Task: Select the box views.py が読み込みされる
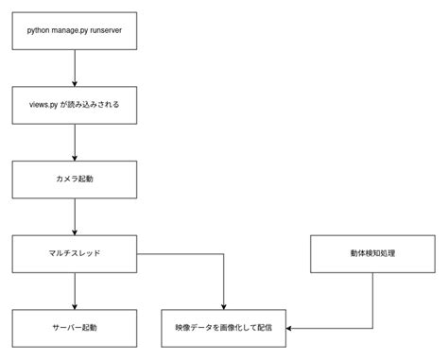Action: tap(75, 104)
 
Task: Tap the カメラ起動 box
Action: tap(75, 179)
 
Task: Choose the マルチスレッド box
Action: tap(75, 253)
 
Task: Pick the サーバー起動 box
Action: tap(75, 327)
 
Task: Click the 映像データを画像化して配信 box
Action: tap(223, 327)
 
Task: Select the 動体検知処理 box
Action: tap(371, 253)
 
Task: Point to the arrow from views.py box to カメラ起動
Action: tap(75, 142)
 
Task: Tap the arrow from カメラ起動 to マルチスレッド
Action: tap(75, 215)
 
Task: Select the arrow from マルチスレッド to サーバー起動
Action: tap(75, 290)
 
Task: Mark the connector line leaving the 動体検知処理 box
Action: tap(371, 298)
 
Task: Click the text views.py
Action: tap(44, 104)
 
